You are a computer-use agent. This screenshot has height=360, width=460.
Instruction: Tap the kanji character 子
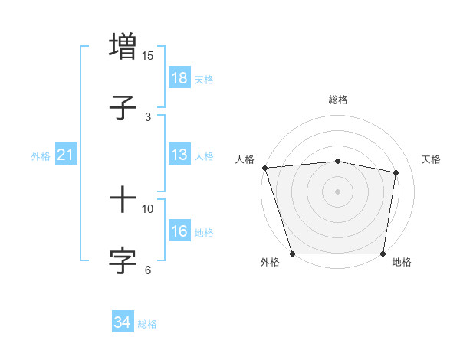coord(123,107)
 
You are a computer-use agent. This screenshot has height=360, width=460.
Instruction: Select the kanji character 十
coord(123,200)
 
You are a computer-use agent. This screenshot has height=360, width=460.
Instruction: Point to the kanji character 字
coord(123,260)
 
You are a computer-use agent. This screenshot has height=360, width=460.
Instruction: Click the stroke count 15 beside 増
coord(148,56)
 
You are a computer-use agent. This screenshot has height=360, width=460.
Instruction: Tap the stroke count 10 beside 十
coord(148,208)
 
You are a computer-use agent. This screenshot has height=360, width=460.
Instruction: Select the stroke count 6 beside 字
coord(148,270)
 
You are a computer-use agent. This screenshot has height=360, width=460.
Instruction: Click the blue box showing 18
coord(179,78)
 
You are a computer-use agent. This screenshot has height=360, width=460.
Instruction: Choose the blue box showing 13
coord(179,155)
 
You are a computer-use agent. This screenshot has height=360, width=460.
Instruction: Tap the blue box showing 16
coord(179,231)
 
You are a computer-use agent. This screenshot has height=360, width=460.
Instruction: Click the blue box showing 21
coord(66,155)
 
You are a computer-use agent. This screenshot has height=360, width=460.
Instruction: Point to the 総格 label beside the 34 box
coord(147,324)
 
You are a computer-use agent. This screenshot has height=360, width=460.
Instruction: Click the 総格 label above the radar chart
coord(337,100)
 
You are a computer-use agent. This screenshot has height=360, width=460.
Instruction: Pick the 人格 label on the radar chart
coord(245,159)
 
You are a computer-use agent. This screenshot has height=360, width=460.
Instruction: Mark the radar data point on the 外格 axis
coord(292,254)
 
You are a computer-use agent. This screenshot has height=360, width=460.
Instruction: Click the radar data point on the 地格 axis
coord(383,254)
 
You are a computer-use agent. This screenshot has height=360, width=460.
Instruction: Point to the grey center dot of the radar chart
coord(337,191)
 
